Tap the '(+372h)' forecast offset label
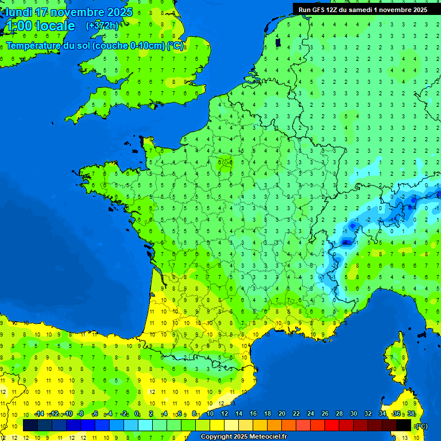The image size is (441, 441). [x=102, y=25]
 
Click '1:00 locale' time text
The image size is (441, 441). [x=40, y=26]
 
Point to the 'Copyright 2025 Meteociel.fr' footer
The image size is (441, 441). [x=243, y=437]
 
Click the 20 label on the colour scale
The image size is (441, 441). [x=281, y=414]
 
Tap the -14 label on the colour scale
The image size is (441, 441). [x=39, y=414]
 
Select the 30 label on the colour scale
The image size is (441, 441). [x=353, y=414]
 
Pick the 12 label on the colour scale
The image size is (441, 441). [x=224, y=414]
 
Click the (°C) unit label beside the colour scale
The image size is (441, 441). [x=421, y=426]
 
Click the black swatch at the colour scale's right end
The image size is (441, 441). [x=404, y=425]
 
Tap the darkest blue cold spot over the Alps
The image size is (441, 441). [x=346, y=242]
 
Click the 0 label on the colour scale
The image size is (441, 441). [x=137, y=414]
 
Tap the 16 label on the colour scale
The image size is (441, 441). [x=253, y=414]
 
